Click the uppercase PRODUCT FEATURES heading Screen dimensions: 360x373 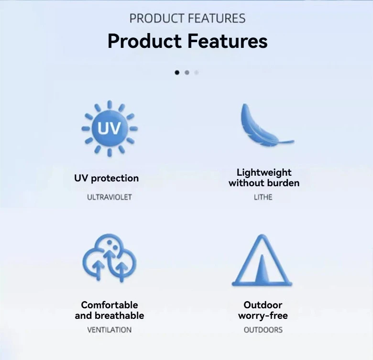pyautogui.click(x=187, y=19)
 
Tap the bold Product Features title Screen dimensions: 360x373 pyautogui.click(x=187, y=41)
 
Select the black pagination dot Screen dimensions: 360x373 pyautogui.click(x=177, y=73)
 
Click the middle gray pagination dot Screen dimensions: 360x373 pyautogui.click(x=187, y=73)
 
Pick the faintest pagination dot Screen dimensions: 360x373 pyautogui.click(x=197, y=73)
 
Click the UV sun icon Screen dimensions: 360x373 pyautogui.click(x=110, y=128)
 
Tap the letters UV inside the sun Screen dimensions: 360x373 pyautogui.click(x=110, y=129)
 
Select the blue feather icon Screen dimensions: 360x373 pyautogui.click(x=263, y=126)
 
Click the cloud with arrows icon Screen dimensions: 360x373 pyautogui.click(x=110, y=259)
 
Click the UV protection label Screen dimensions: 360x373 pyautogui.click(x=106, y=178)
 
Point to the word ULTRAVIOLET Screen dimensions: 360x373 pyautogui.click(x=109, y=197)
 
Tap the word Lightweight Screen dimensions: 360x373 pyautogui.click(x=264, y=172)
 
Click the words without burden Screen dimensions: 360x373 pyautogui.click(x=264, y=183)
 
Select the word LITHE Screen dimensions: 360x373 pyautogui.click(x=263, y=197)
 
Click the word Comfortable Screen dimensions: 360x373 pyautogui.click(x=110, y=305)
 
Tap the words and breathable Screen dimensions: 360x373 pyautogui.click(x=110, y=315)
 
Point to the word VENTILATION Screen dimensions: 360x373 pyautogui.click(x=109, y=330)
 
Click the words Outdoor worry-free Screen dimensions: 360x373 pyautogui.click(x=263, y=310)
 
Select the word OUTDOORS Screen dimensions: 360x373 pyautogui.click(x=263, y=330)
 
